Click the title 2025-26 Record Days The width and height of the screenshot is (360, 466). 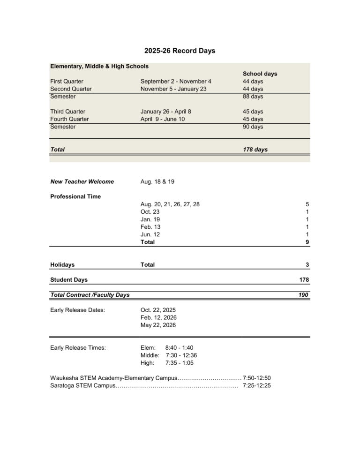(180, 51)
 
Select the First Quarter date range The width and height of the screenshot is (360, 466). (176, 81)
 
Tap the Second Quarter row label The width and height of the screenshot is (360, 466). (71, 89)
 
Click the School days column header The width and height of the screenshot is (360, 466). (260, 74)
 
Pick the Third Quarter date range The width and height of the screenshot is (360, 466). (165, 112)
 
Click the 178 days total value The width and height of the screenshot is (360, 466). (255, 150)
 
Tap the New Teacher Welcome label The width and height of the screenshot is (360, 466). (82, 181)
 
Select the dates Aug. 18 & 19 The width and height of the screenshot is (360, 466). (157, 181)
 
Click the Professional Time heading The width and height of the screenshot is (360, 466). (75, 196)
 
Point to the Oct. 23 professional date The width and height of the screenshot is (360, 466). (150, 212)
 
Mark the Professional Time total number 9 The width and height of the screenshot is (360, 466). (307, 242)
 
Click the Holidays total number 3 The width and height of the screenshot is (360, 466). (307, 265)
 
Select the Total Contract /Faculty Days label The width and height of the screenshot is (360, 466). (90, 295)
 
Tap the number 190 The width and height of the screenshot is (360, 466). (304, 295)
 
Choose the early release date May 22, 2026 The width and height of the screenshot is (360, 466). (158, 325)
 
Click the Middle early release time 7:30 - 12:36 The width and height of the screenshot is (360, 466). (178, 355)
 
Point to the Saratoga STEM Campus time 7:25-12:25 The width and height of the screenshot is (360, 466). (257, 386)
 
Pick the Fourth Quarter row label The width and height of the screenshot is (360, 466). (69, 119)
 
